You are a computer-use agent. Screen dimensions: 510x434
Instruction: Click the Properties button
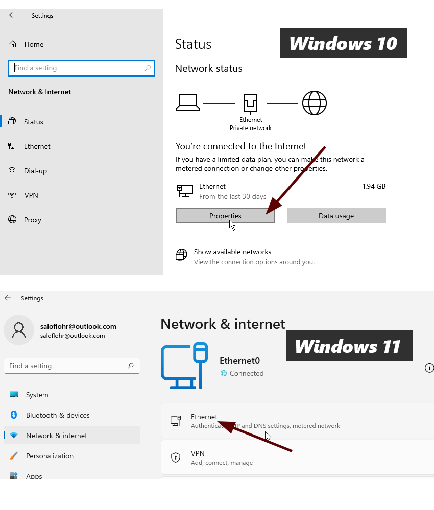point(225,216)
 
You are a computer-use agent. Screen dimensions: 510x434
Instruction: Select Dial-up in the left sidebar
point(35,171)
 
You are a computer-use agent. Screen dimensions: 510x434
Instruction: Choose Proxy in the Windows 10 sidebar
point(32,220)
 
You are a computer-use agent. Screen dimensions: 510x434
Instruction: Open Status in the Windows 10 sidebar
point(33,122)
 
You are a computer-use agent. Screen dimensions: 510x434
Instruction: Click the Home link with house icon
point(33,44)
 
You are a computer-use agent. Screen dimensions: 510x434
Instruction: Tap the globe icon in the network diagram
point(314,103)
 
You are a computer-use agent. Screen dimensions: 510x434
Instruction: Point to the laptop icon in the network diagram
point(188,103)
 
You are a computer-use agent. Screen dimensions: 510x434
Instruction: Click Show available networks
point(232,252)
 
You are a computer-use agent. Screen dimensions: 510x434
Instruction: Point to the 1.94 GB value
point(374,186)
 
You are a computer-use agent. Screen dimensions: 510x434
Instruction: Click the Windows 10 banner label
point(343,43)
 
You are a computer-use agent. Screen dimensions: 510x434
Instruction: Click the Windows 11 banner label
point(348,346)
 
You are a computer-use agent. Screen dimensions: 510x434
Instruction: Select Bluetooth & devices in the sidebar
point(57,415)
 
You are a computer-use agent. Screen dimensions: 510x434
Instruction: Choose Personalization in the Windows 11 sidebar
point(50,456)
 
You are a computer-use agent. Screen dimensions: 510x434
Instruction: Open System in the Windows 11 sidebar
point(37,395)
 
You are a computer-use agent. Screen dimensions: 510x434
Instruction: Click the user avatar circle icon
point(19,330)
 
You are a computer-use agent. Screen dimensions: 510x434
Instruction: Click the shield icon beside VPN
point(176,457)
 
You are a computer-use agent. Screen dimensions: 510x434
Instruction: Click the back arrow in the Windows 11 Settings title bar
point(8,298)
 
